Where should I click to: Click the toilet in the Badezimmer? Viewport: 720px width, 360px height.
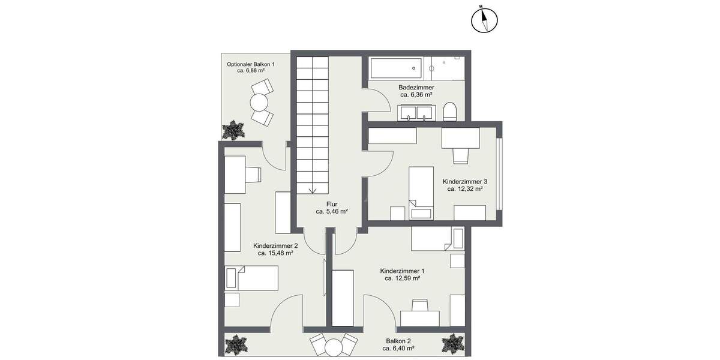[449, 111]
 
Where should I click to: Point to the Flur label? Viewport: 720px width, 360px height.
[332, 204]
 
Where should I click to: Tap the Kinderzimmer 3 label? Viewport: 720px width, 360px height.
[465, 181]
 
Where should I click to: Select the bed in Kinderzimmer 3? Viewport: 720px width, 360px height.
[421, 191]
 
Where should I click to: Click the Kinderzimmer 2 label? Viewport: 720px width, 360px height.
[275, 246]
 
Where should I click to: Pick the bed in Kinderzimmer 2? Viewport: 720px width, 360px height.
[251, 278]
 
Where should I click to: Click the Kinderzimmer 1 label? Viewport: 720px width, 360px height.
[402, 271]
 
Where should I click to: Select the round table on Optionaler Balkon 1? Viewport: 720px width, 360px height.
[259, 103]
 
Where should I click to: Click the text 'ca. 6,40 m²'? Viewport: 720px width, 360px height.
[400, 349]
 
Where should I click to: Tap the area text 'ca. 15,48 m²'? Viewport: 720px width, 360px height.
[275, 253]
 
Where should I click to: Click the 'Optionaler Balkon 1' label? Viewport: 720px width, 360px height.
[251, 64]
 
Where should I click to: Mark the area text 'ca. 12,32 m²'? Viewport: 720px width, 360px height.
[465, 188]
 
